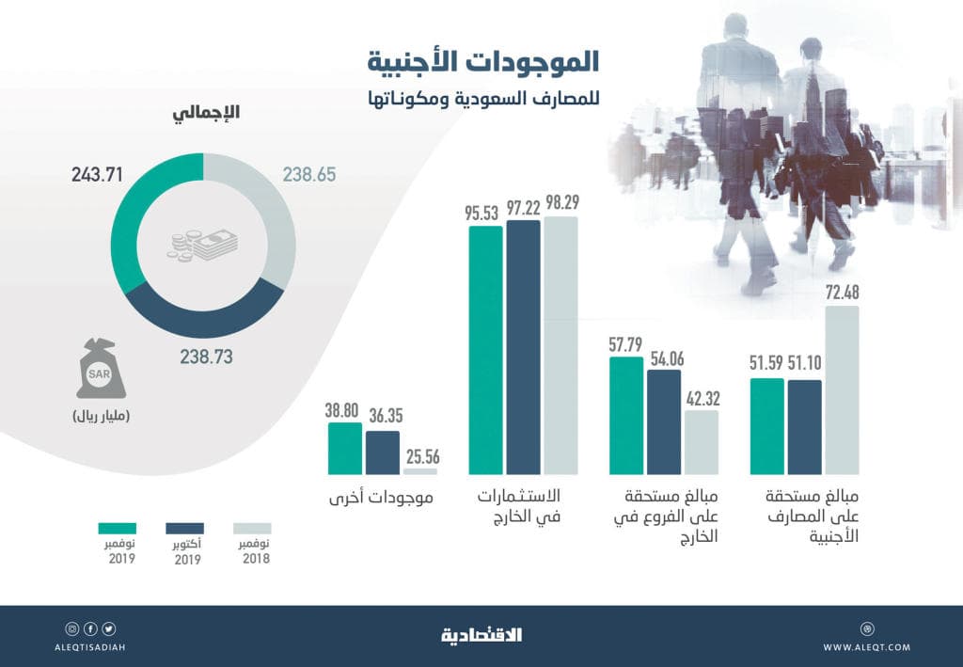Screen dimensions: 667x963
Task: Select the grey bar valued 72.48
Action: click(842, 389)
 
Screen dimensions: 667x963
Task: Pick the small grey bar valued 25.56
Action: click(420, 471)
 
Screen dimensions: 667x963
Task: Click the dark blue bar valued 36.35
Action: click(383, 453)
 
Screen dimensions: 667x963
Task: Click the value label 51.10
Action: click(804, 365)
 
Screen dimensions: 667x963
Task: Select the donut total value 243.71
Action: click(98, 174)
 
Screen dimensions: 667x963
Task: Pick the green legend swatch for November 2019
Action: click(117, 529)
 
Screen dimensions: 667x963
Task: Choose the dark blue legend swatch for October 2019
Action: click(185, 529)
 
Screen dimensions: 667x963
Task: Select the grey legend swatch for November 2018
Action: click(252, 529)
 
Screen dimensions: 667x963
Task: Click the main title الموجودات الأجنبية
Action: click(483, 63)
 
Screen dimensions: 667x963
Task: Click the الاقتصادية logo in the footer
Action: click(481, 636)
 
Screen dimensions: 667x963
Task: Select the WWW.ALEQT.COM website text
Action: click(866, 647)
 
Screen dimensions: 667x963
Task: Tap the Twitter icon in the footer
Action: click(109, 628)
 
